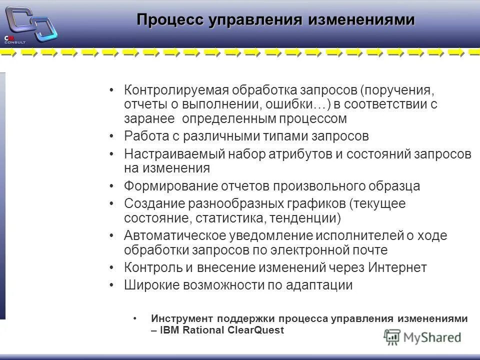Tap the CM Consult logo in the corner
click(29, 25)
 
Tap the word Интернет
click(397, 267)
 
